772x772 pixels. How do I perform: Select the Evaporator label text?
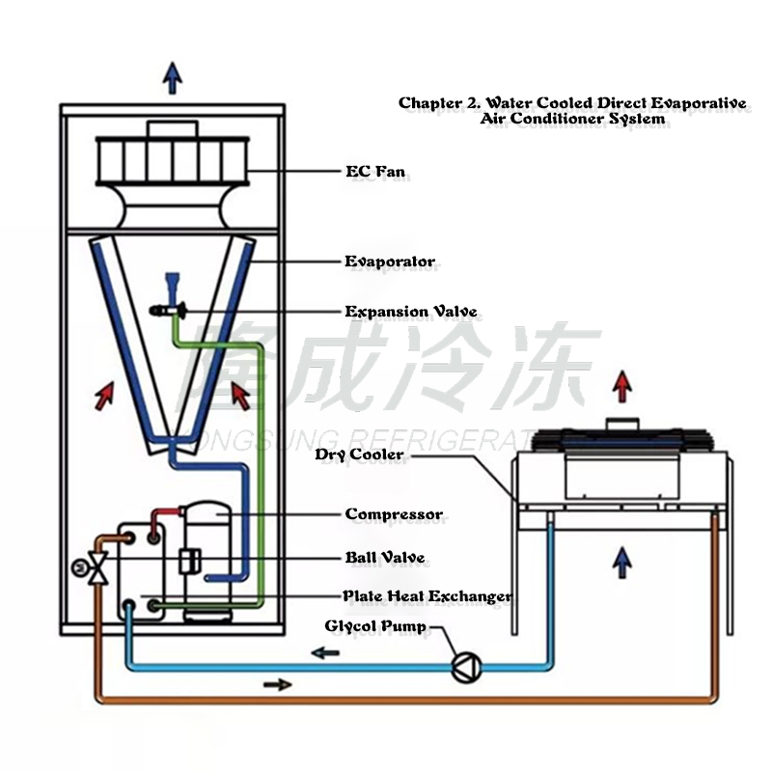click(390, 262)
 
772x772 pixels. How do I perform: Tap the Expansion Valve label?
click(411, 312)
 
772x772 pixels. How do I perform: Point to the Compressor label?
click(394, 514)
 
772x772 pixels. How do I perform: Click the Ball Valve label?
click(384, 558)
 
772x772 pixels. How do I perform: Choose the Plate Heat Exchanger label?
click(427, 596)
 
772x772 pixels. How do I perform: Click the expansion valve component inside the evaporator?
click(170, 309)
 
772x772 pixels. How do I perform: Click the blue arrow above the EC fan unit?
click(173, 77)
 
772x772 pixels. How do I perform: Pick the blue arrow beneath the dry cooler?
click(623, 561)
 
